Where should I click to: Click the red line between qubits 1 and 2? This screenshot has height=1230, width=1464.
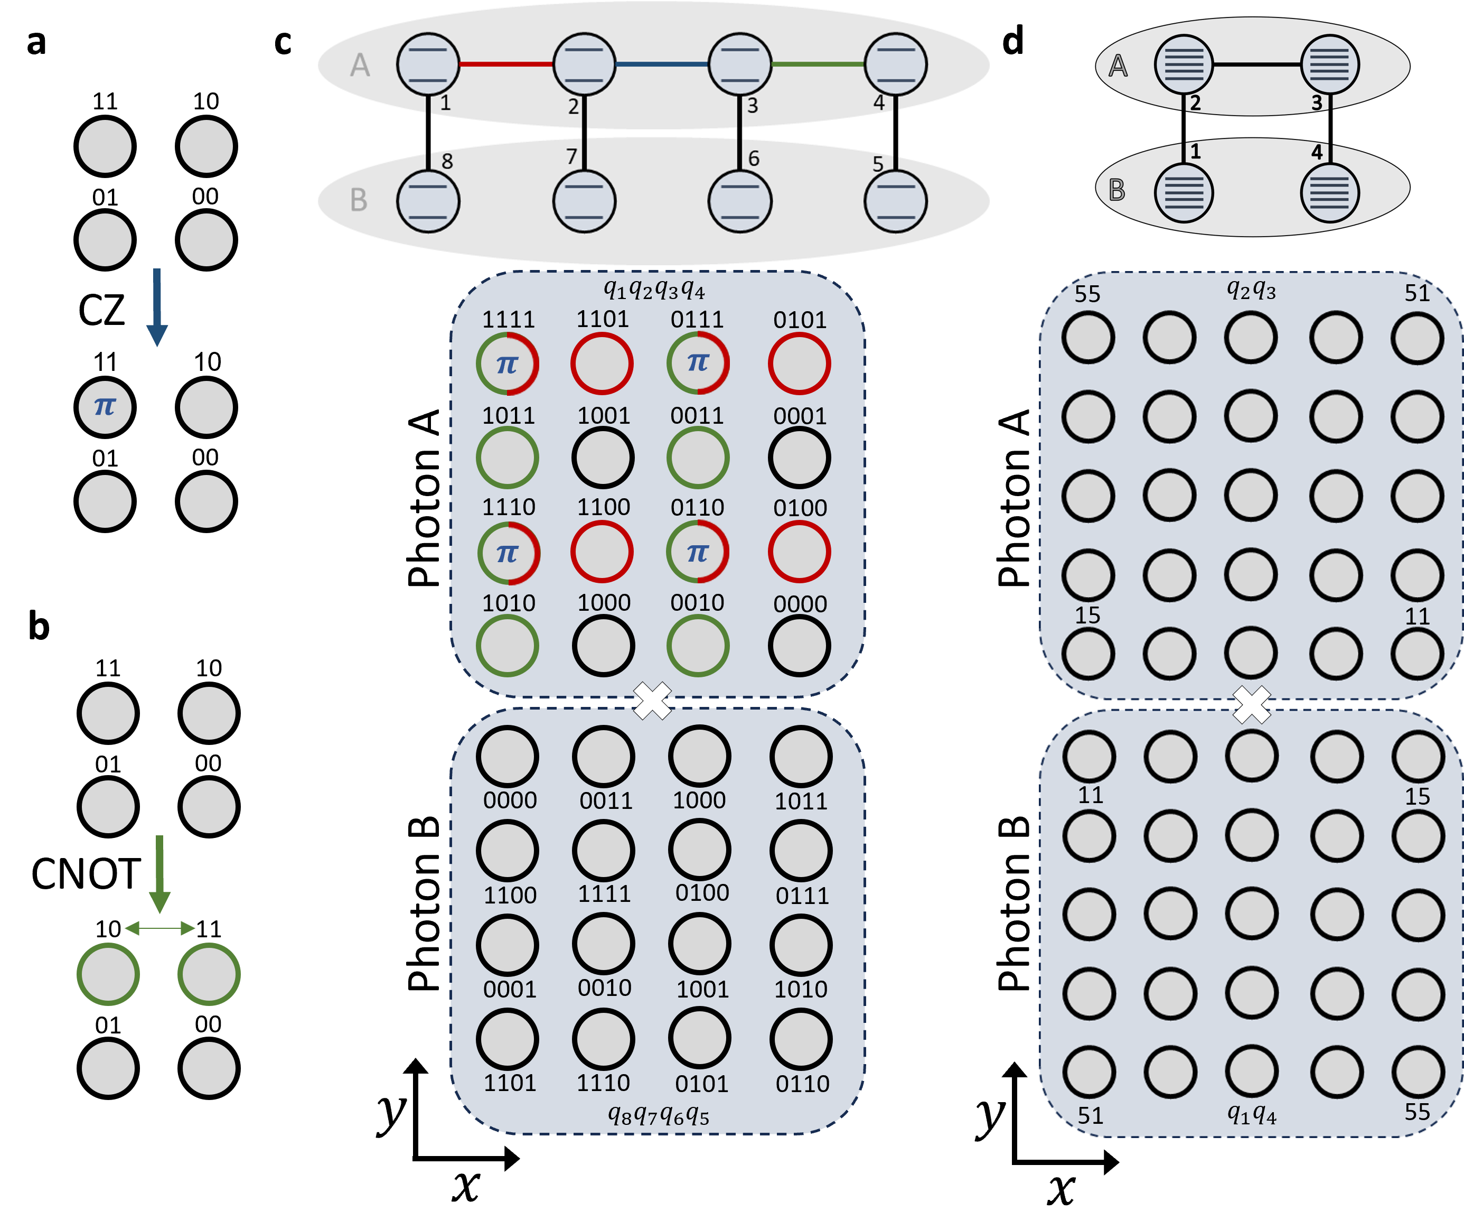[506, 64]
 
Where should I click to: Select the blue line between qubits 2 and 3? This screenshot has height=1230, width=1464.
[662, 64]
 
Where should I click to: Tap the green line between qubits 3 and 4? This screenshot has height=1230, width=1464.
[817, 64]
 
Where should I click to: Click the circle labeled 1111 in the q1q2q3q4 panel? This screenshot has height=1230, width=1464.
[508, 364]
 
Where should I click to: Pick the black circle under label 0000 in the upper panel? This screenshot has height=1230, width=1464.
[800, 646]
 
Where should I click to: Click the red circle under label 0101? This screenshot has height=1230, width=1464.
[800, 364]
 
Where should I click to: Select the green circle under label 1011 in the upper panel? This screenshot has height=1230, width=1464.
[508, 458]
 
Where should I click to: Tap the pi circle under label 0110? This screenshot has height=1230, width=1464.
[698, 552]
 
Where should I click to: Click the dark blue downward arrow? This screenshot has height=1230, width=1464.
[157, 307]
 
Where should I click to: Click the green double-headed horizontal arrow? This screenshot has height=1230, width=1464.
[159, 928]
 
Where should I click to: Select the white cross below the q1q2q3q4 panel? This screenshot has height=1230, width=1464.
[653, 701]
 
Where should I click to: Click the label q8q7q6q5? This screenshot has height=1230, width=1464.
[658, 1116]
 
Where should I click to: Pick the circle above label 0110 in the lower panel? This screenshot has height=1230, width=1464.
[801, 1039]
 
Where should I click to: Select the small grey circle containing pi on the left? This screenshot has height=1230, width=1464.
[105, 407]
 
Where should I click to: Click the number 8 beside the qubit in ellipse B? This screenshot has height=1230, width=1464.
[447, 162]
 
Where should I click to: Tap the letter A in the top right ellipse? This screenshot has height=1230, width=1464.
[1118, 66]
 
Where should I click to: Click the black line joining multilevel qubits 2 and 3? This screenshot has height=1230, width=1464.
[1256, 64]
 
